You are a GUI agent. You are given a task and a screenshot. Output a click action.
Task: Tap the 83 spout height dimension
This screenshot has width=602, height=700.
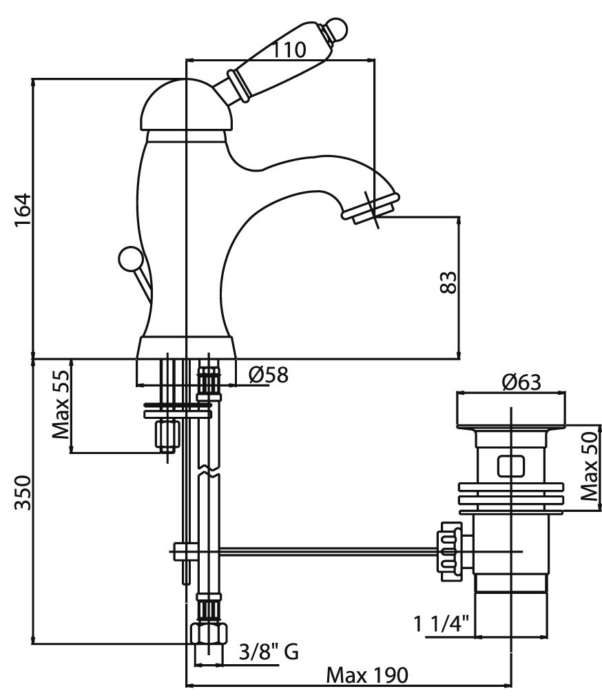(x=448, y=282)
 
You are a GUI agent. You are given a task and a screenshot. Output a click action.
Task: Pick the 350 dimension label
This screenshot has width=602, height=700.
(x=23, y=493)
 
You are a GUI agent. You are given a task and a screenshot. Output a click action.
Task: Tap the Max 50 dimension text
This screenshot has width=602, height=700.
(x=588, y=468)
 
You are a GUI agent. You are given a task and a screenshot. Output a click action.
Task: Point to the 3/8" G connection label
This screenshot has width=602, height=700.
(x=269, y=651)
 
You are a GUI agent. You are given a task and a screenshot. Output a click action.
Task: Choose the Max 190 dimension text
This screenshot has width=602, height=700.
(x=367, y=675)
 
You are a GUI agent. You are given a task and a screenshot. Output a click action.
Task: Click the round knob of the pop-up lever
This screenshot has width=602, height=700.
(x=129, y=259)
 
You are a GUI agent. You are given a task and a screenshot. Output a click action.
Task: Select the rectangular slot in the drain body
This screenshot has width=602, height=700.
(x=510, y=466)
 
